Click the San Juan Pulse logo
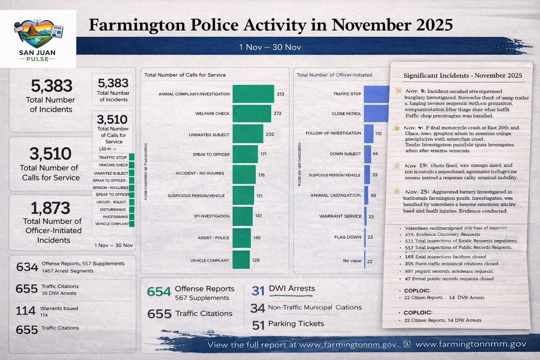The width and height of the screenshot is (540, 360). [38, 39]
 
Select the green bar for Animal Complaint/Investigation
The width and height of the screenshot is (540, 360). [253, 94]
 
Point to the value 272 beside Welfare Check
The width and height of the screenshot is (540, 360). [277, 113]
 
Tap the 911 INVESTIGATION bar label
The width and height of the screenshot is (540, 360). [212, 216]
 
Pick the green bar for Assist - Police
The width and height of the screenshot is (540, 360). [242, 238]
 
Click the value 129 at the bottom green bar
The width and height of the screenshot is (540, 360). [256, 260]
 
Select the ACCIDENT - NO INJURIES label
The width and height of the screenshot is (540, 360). [200, 173]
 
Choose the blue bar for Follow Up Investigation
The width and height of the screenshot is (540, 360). [368, 134]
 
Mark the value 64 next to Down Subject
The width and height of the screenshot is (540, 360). [375, 154]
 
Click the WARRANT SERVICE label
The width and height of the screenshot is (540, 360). [340, 216]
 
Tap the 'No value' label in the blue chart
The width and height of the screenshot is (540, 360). [352, 261]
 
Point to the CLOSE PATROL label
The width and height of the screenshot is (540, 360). [346, 114]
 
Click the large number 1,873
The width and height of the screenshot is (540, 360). [50, 208]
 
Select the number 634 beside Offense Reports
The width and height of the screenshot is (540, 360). [27, 267]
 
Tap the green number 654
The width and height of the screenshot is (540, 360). [159, 292]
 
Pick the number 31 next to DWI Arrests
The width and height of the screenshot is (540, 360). [258, 291]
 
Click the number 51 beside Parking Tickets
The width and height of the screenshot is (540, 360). [258, 325]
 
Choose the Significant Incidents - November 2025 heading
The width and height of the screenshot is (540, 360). [462, 76]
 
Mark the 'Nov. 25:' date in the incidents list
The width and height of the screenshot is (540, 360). [417, 192]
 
